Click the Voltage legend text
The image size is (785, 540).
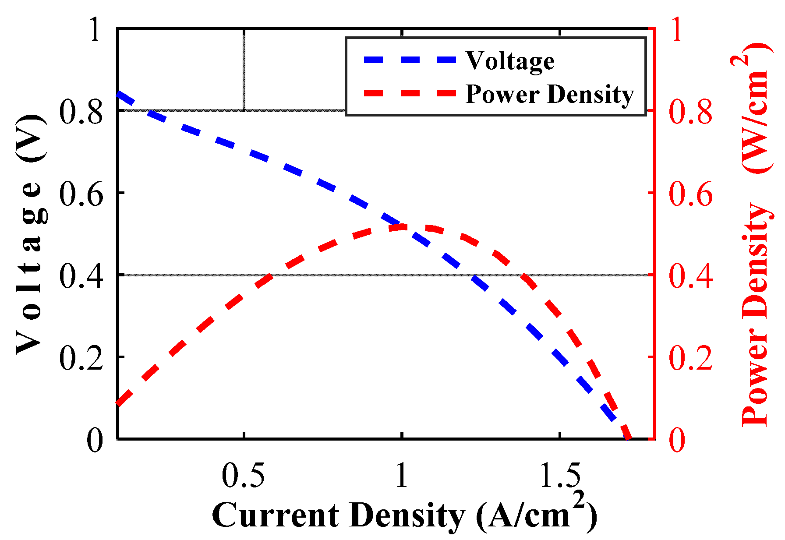click(x=510, y=61)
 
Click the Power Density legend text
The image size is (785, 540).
click(x=549, y=94)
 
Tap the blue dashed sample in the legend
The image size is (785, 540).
click(x=410, y=60)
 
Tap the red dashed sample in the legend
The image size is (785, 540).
click(x=410, y=93)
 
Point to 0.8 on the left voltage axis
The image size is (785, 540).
click(x=81, y=111)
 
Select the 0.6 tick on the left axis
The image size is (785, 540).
click(x=81, y=193)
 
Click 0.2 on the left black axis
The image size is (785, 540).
click(x=81, y=357)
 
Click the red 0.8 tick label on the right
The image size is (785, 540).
click(x=690, y=111)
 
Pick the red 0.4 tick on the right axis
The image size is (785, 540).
click(x=690, y=275)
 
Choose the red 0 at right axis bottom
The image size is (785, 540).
click(x=677, y=440)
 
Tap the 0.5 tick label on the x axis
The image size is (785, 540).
click(x=243, y=476)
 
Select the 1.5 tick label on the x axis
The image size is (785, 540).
click(x=560, y=476)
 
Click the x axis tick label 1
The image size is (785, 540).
click(x=402, y=476)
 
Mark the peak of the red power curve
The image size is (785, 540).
click(x=416, y=226)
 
